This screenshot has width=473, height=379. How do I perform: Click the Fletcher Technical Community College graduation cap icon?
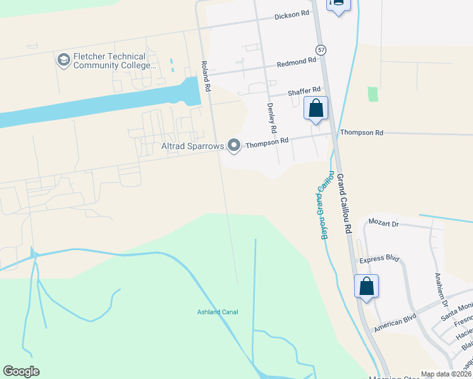coord(63,61)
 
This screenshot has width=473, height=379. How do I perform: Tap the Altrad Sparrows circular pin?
coord(235,146)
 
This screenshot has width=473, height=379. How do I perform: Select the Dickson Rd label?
coord(292,14)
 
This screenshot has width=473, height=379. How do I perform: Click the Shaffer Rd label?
coord(304,91)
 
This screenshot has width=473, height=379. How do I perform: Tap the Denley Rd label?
coord(272,118)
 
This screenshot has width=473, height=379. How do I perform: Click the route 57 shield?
coord(321,50)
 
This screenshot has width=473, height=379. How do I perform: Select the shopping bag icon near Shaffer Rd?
coord(316,108)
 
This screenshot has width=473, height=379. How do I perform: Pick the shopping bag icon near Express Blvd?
coord(367,286)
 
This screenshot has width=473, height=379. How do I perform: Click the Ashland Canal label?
coord(218,312)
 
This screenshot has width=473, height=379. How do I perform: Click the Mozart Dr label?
coord(386,224)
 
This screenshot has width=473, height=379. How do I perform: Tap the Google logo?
coord(21,371)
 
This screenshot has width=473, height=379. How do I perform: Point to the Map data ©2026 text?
coord(445,374)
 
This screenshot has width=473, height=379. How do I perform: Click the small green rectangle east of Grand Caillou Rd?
coord(372,94)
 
